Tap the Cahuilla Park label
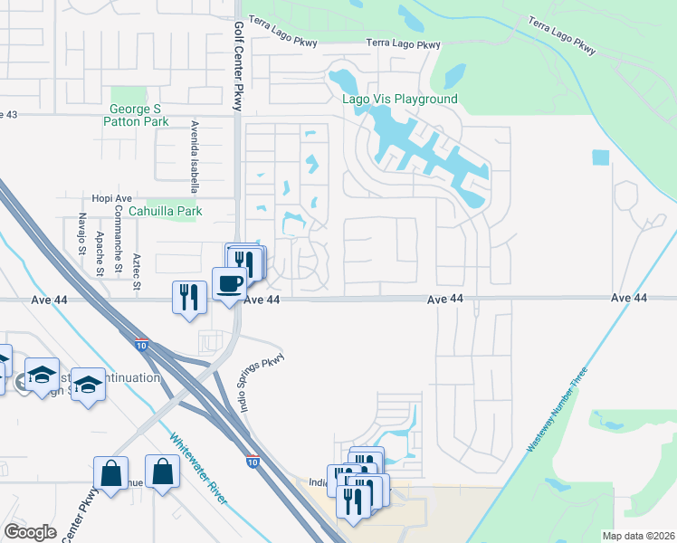(165, 211)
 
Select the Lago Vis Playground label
(399, 99)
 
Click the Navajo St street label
(81, 233)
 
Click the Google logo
(31, 532)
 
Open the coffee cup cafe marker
(228, 284)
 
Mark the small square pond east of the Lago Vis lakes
(601, 157)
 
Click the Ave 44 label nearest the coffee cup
(262, 300)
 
